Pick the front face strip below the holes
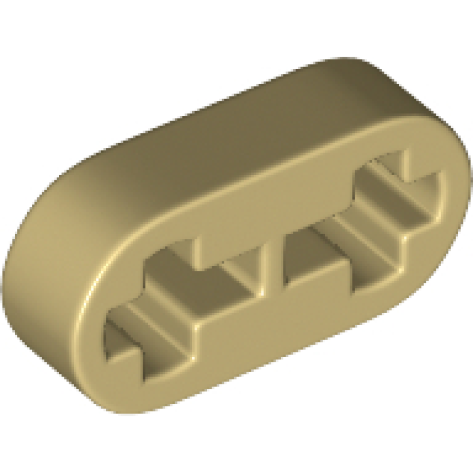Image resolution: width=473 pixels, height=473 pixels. (x=284, y=331)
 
